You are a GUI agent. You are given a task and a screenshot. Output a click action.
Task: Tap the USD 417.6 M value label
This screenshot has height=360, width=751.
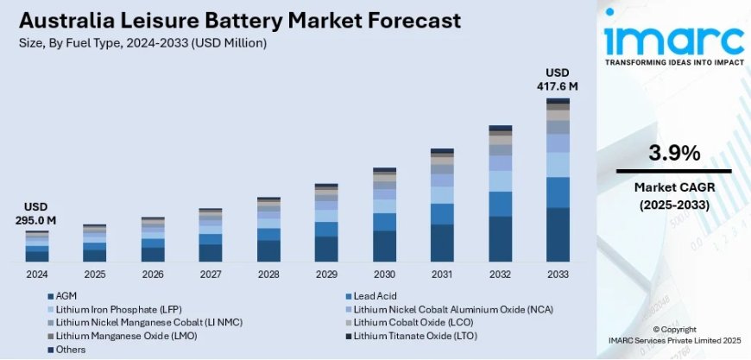tap(558, 79)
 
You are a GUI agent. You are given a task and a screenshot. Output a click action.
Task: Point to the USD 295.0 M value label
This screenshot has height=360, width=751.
tap(36, 213)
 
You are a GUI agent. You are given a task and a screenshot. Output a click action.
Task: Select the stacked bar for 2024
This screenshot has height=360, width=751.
tap(37, 246)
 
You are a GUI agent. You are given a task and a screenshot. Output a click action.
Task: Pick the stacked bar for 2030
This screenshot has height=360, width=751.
tap(384, 215)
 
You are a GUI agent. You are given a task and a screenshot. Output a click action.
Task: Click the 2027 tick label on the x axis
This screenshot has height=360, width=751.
tap(211, 274)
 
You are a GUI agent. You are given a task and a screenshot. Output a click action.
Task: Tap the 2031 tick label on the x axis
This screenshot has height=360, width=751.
tap(442, 274)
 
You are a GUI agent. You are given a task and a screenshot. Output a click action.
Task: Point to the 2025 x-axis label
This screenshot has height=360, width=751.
tap(95, 274)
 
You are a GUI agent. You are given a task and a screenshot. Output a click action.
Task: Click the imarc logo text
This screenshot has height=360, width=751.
tap(674, 39)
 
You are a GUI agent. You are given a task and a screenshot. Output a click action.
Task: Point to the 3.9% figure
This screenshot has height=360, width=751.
tap(674, 154)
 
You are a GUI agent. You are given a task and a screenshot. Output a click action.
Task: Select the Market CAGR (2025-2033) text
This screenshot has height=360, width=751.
tap(674, 196)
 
